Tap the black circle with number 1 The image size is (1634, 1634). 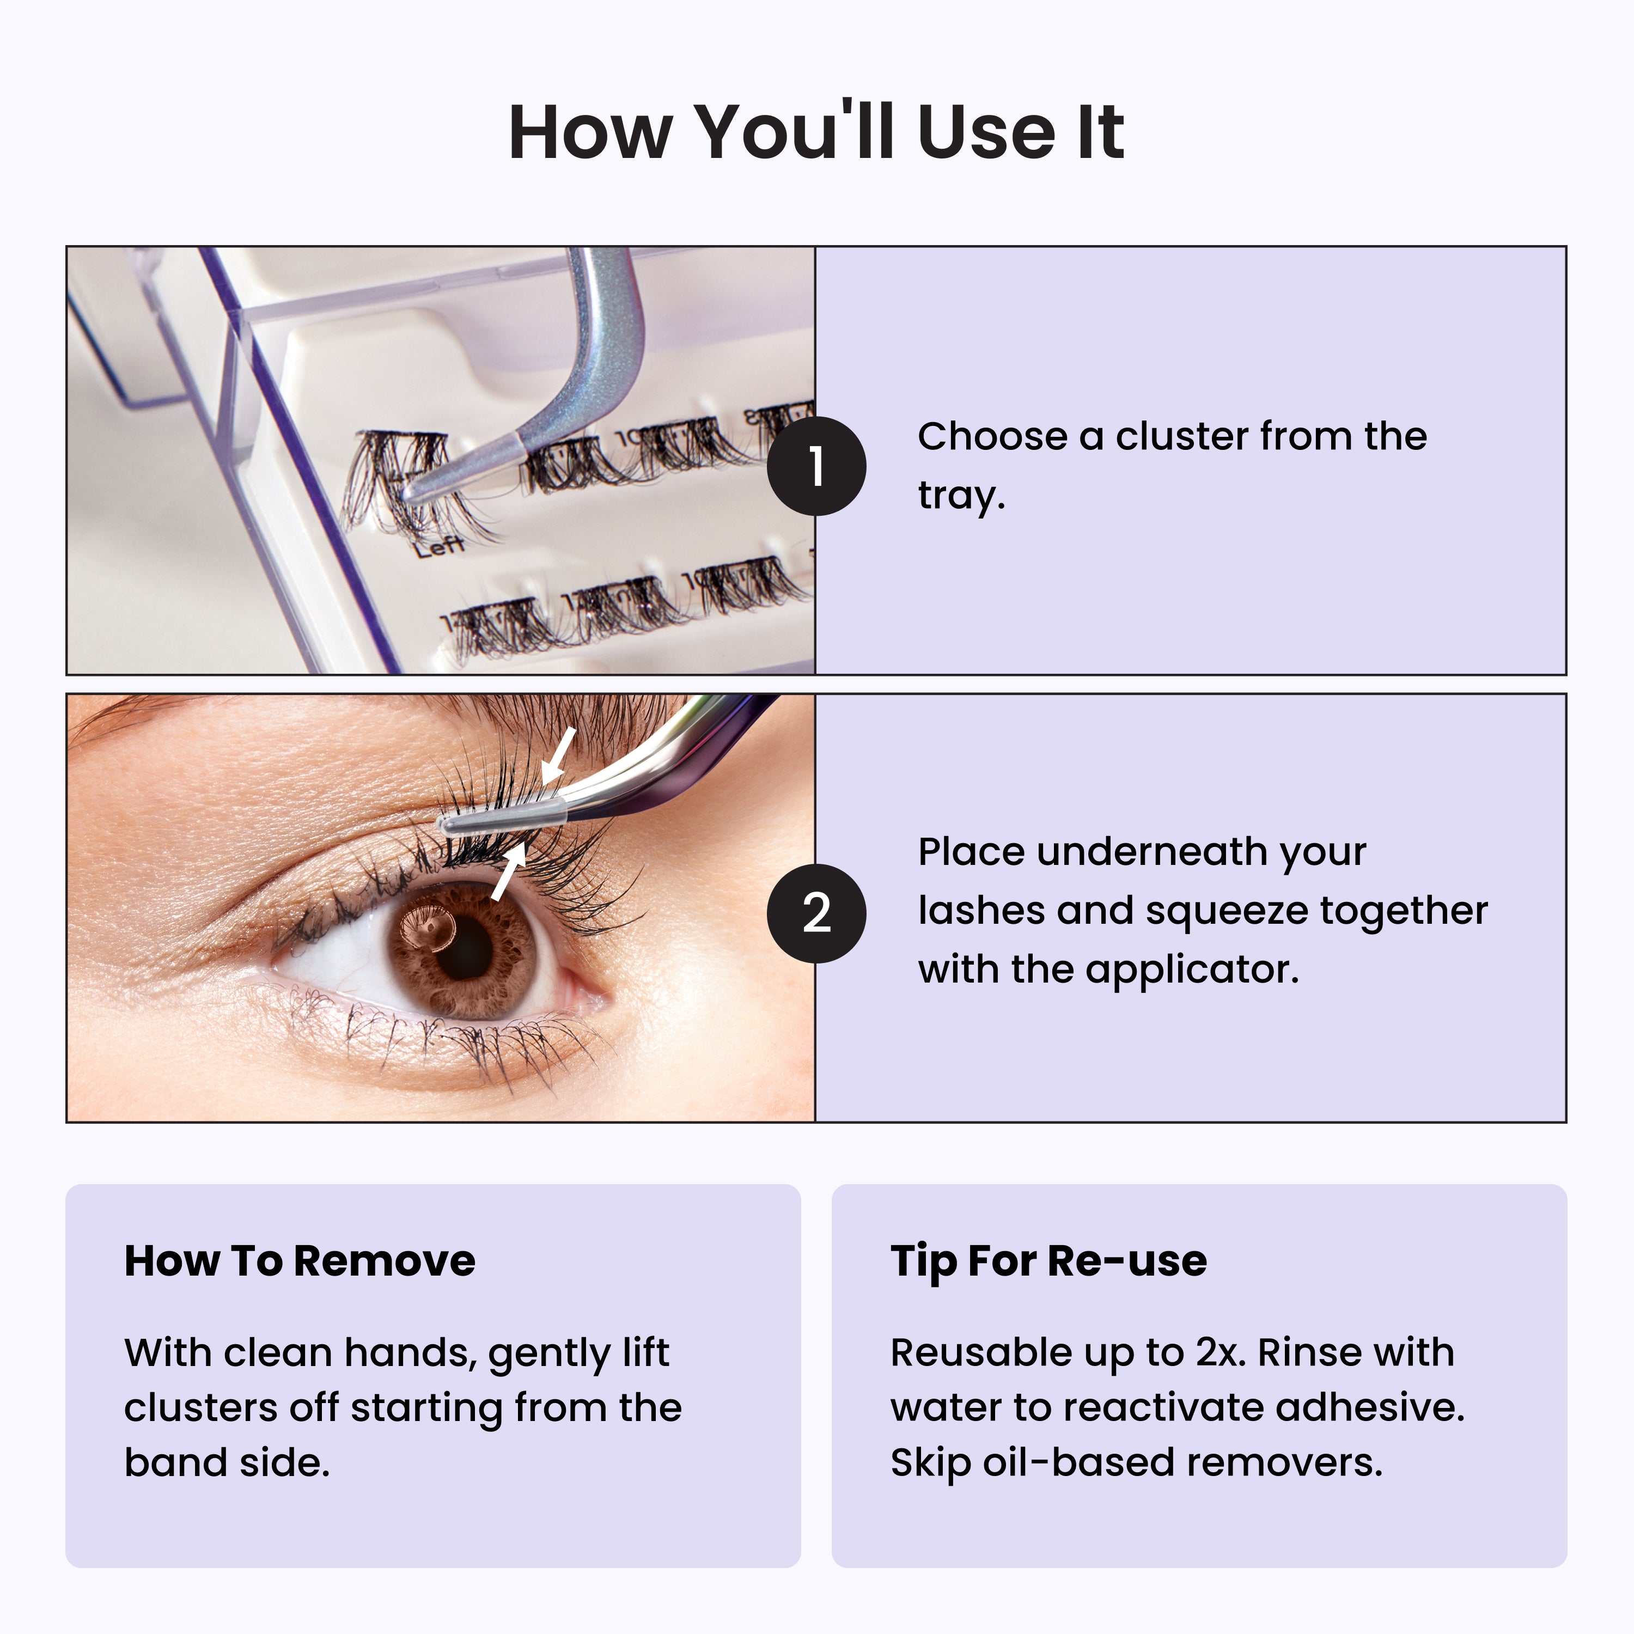coord(816,466)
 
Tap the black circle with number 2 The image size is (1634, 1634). coord(816,913)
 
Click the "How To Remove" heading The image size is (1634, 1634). coord(300,1261)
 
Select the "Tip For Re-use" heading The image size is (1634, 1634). coord(1048,1261)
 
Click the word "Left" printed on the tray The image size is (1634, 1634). coord(440,546)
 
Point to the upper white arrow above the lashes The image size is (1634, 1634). coord(559,754)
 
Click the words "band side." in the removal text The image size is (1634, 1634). coord(227,1462)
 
